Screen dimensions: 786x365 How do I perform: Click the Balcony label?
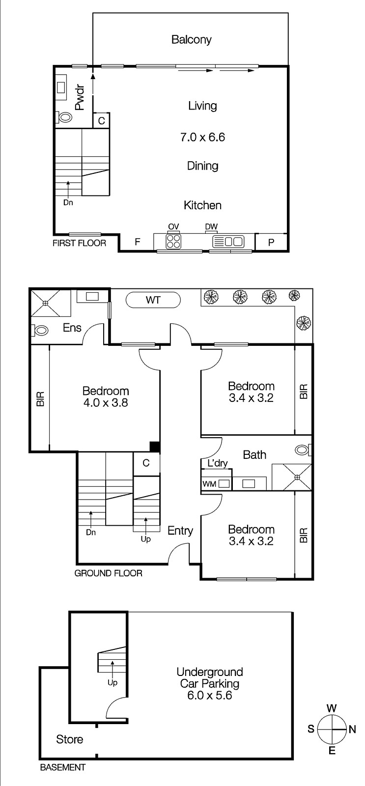coord(191,40)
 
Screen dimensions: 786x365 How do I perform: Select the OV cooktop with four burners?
coord(173,241)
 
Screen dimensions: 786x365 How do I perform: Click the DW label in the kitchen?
coord(211,226)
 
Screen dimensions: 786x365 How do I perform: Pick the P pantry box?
coord(271,242)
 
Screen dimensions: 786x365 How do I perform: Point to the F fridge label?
coord(138,242)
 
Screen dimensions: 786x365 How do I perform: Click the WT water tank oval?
coord(153,300)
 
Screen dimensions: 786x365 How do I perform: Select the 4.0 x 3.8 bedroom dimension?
coord(106,403)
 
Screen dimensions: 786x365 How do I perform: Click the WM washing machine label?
coord(209,484)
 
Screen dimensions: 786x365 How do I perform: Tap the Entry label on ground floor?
coord(180,531)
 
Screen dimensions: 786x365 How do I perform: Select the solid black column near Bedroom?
coord(155,447)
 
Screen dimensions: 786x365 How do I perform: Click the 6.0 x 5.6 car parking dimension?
coord(210,696)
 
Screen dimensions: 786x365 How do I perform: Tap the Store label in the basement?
coord(69,739)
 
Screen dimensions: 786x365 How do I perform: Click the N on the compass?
coord(352,730)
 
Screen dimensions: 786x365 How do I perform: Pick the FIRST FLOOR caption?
coord(79,243)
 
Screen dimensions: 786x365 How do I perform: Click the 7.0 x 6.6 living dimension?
coord(202,137)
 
